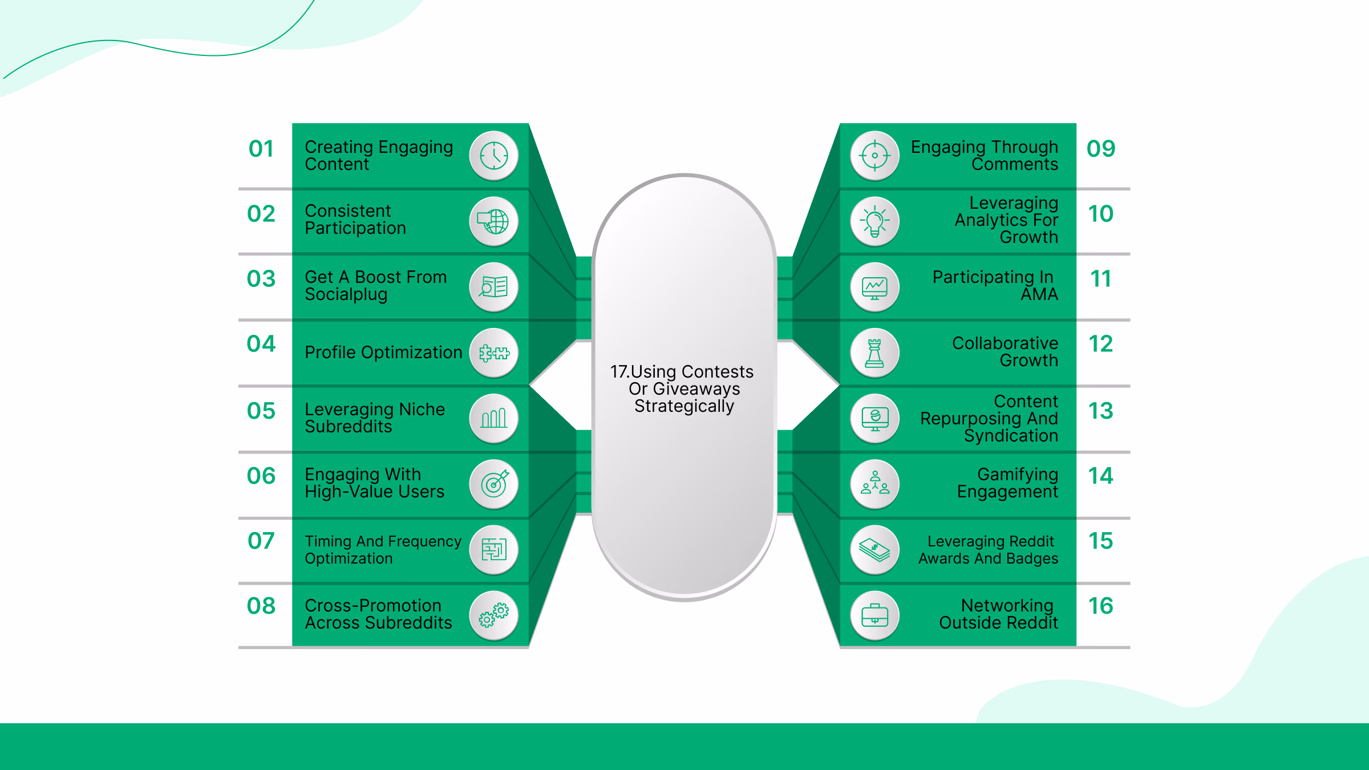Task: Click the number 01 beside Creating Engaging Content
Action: coord(261,149)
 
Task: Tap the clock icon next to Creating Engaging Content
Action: coord(493,156)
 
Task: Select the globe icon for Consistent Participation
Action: coord(494,221)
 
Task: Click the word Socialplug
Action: coord(346,294)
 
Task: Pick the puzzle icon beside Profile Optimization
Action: coord(494,353)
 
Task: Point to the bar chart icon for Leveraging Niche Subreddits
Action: coord(494,419)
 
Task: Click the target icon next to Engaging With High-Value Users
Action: coord(494,484)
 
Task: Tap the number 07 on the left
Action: coord(261,541)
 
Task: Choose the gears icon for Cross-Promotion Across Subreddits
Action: coord(494,615)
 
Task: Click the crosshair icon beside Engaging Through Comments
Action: coord(874,156)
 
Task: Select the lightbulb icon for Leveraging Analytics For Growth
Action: coord(874,221)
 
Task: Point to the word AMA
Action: coord(1039,294)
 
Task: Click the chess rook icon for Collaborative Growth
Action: coord(874,353)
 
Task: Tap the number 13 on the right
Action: coord(1100,411)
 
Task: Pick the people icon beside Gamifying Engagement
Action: coord(874,484)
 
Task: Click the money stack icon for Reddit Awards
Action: coord(874,550)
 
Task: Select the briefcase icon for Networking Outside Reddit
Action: coord(874,615)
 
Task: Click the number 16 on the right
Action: coord(1100,606)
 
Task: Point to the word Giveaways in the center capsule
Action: coord(696,389)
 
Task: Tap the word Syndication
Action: coord(1011,436)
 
